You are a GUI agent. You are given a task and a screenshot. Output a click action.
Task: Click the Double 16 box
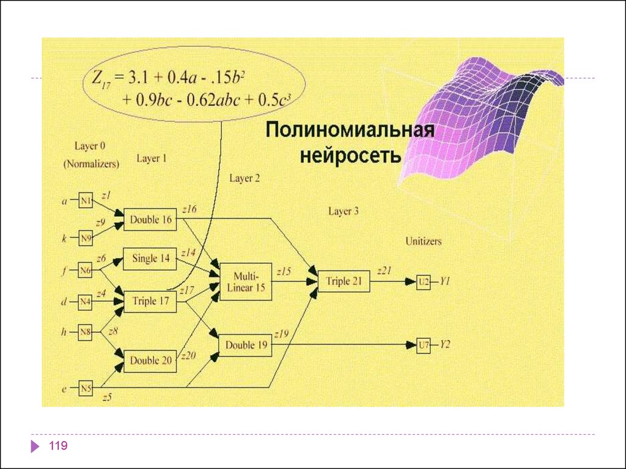click(150, 220)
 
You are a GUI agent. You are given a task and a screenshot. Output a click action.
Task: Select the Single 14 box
click(150, 259)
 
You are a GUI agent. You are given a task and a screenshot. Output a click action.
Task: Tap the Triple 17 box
click(150, 301)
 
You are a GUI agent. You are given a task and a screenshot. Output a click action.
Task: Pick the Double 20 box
click(150, 360)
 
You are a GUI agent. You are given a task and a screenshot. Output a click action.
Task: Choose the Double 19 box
click(246, 345)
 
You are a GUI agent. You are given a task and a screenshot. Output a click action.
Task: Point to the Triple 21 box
click(344, 281)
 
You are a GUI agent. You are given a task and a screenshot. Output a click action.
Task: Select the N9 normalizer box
click(86, 237)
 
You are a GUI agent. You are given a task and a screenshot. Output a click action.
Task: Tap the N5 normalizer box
click(86, 387)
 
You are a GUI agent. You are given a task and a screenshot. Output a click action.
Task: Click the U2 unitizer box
click(424, 282)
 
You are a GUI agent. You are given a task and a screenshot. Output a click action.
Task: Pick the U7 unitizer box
click(424, 346)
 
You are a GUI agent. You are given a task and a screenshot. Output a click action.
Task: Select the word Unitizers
click(423, 241)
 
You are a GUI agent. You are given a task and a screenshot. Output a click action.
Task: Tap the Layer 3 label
click(344, 211)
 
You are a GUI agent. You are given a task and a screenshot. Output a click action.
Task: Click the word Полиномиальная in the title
click(349, 131)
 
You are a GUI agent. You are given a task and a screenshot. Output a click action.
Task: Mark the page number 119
click(59, 446)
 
